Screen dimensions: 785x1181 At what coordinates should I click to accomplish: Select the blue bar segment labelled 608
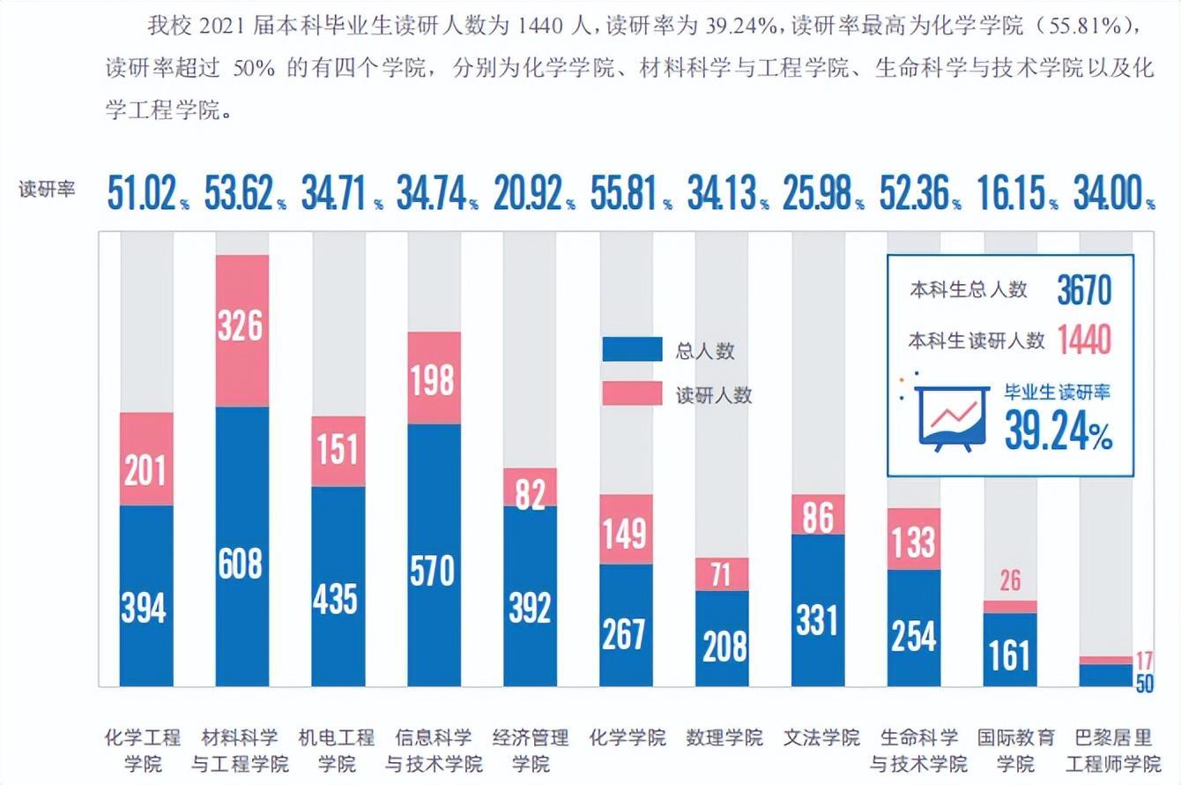241,547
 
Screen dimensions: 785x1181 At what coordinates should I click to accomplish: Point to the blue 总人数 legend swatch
632,350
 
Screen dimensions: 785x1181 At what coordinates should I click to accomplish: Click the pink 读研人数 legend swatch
632,393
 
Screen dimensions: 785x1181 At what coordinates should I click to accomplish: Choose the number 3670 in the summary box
1084,290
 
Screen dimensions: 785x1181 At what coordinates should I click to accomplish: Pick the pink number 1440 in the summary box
1084,340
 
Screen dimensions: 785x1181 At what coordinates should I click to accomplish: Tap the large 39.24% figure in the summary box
1058,431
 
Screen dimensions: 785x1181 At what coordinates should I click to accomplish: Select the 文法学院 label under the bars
821,737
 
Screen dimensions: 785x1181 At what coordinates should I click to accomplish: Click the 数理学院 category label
724,737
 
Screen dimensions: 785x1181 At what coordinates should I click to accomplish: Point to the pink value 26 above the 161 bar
1009,580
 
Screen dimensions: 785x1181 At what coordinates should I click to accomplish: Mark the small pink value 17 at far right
1143,661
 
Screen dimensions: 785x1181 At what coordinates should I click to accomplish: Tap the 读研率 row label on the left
48,190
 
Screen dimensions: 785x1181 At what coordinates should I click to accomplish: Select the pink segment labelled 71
722,574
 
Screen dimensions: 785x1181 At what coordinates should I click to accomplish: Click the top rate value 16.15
1011,193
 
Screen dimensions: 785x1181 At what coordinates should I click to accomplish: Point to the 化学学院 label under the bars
628,737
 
